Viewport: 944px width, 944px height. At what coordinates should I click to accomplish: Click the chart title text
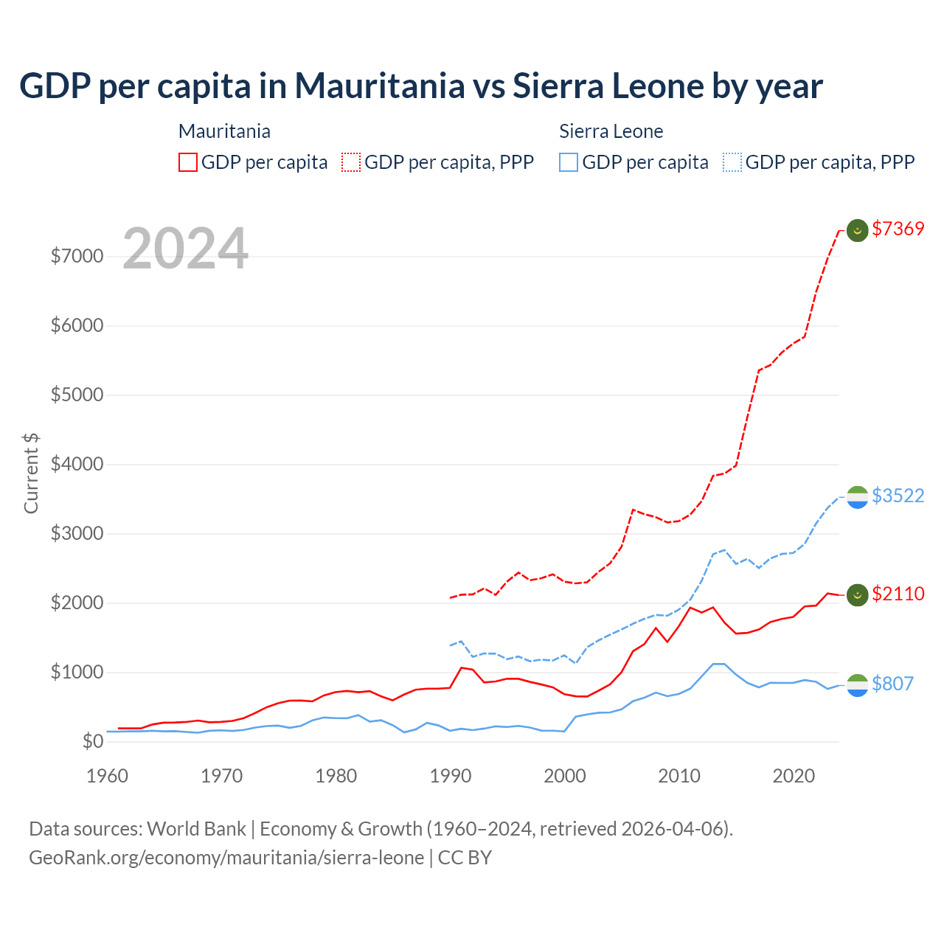click(420, 86)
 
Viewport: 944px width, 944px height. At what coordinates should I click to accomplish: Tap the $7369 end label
click(898, 229)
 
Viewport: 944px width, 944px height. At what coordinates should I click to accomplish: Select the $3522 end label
click(898, 496)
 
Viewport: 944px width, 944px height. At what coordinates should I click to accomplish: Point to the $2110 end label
click(898, 594)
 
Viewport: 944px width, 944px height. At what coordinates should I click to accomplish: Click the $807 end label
click(892, 684)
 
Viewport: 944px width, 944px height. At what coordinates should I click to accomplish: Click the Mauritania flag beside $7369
click(857, 230)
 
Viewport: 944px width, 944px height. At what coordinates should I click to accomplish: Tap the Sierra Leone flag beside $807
click(857, 685)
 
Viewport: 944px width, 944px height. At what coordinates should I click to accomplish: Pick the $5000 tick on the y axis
click(77, 395)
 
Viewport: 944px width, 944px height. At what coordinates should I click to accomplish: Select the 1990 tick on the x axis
click(451, 776)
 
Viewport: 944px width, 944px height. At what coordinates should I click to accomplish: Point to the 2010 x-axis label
click(679, 776)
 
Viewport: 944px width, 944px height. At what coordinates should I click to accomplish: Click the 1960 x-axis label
click(108, 776)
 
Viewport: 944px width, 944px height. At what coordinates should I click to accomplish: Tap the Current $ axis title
click(31, 473)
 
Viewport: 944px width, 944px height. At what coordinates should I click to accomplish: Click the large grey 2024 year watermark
click(185, 249)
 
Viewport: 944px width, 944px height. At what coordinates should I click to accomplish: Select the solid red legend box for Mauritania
click(188, 162)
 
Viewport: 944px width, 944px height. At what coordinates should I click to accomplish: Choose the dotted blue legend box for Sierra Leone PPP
click(732, 162)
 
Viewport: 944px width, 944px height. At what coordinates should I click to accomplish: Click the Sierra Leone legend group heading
click(611, 131)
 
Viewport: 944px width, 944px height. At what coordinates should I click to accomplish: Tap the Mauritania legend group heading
click(224, 131)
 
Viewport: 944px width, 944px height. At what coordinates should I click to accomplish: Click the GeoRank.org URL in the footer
click(226, 858)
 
